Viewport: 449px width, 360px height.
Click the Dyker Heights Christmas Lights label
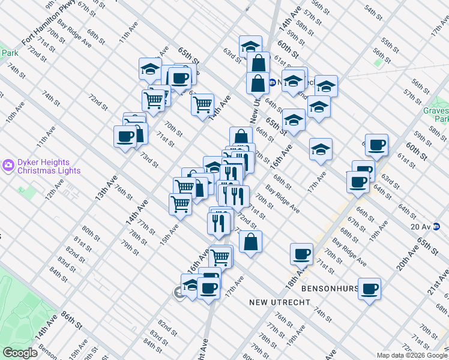43,166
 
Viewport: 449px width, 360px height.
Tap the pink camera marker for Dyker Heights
8,164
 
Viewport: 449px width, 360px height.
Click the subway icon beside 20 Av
436,226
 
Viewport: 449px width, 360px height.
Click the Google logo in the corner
20,352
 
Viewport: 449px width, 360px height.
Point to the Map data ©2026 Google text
412,355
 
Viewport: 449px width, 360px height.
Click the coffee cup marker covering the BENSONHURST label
369,288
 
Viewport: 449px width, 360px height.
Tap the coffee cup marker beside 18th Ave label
301,254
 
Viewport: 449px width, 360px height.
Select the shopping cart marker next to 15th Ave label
180,204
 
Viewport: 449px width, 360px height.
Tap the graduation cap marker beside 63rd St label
250,46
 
